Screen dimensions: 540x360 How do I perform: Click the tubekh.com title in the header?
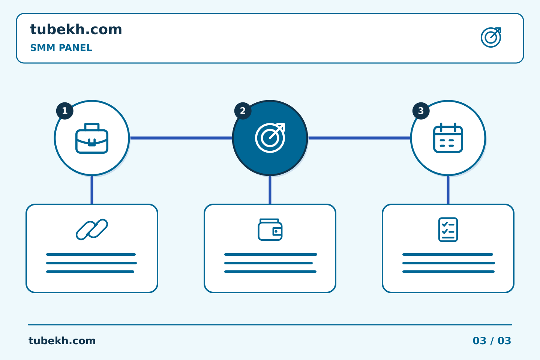[x=76, y=30]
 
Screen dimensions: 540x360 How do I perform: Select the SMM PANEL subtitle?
[x=61, y=48]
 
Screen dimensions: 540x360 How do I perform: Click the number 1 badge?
[x=64, y=111]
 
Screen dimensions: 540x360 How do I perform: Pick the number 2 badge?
[x=243, y=111]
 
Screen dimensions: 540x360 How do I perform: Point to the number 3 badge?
[x=421, y=111]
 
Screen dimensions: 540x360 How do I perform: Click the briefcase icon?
[x=92, y=138]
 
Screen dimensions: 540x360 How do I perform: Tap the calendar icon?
[x=448, y=138]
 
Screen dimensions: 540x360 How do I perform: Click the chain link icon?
[x=92, y=229]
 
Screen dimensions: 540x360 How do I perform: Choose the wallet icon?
[x=270, y=229]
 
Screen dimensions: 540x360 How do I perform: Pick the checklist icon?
[x=448, y=229]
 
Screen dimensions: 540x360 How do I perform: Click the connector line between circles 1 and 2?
[x=181, y=138]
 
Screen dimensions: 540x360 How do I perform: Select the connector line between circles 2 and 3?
[x=359, y=138]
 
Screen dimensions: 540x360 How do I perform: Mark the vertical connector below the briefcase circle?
[x=92, y=190]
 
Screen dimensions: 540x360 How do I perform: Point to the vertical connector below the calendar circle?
[x=448, y=190]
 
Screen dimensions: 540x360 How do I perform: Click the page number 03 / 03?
[x=492, y=341]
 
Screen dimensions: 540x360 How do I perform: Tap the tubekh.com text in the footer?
[x=62, y=341]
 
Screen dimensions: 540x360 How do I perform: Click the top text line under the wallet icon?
[x=270, y=254]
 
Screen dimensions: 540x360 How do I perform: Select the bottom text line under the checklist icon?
[x=448, y=272]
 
